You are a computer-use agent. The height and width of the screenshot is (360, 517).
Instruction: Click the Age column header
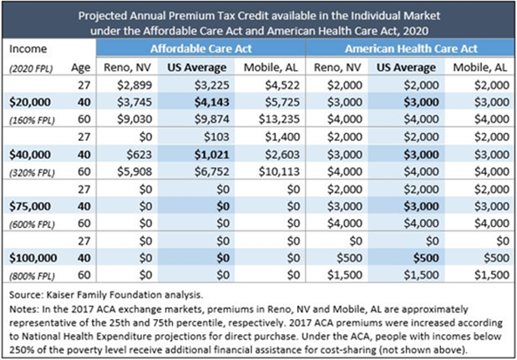76,67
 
